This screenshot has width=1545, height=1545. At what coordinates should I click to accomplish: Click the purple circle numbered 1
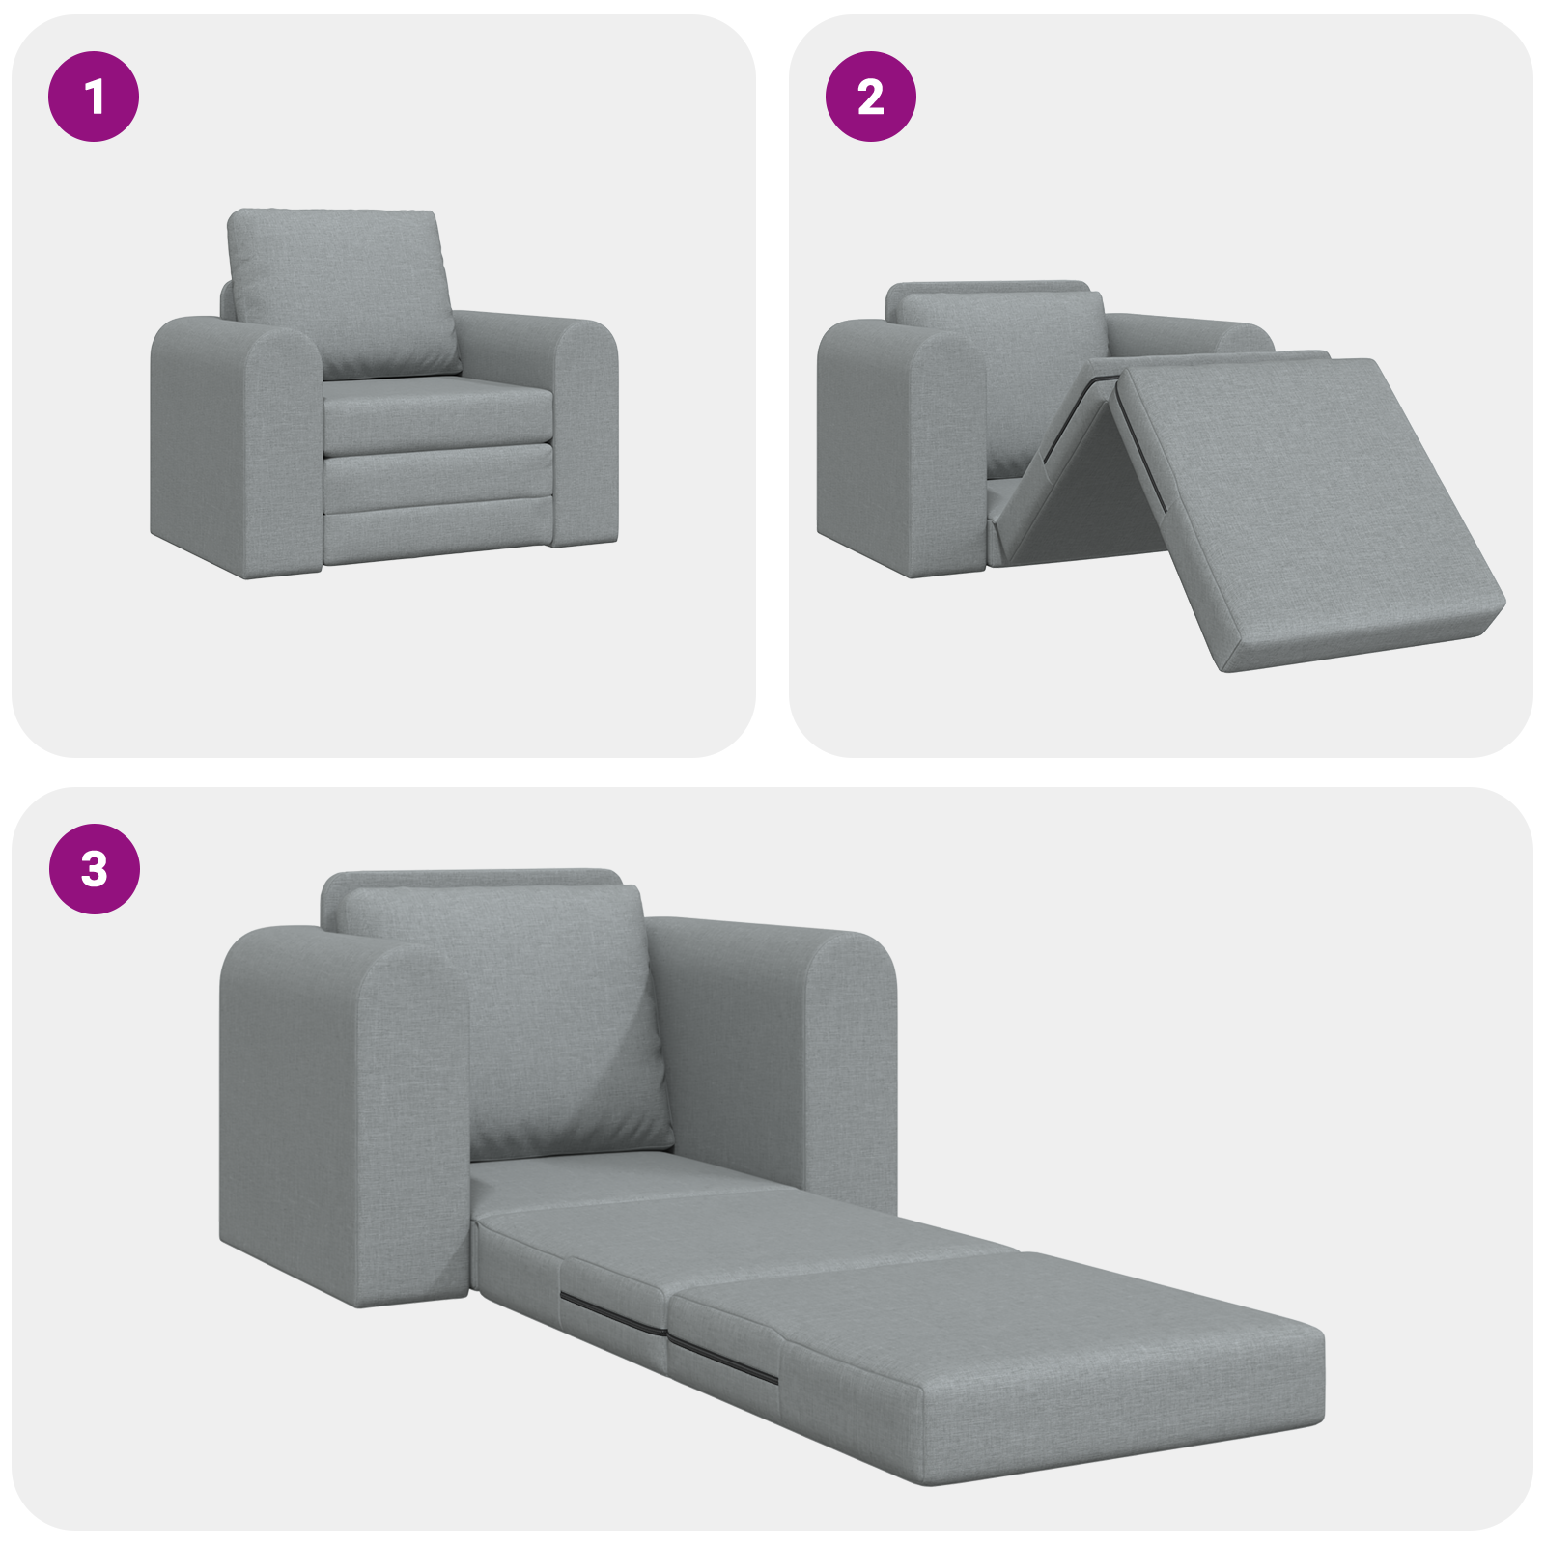94,97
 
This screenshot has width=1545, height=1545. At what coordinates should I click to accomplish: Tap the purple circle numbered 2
870,97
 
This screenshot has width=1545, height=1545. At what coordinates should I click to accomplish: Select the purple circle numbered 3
94,869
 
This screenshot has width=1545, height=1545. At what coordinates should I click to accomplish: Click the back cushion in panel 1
343,290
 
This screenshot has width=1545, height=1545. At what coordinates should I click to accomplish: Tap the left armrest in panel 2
898,444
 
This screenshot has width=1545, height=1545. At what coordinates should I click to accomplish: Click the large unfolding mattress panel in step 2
1304,502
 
